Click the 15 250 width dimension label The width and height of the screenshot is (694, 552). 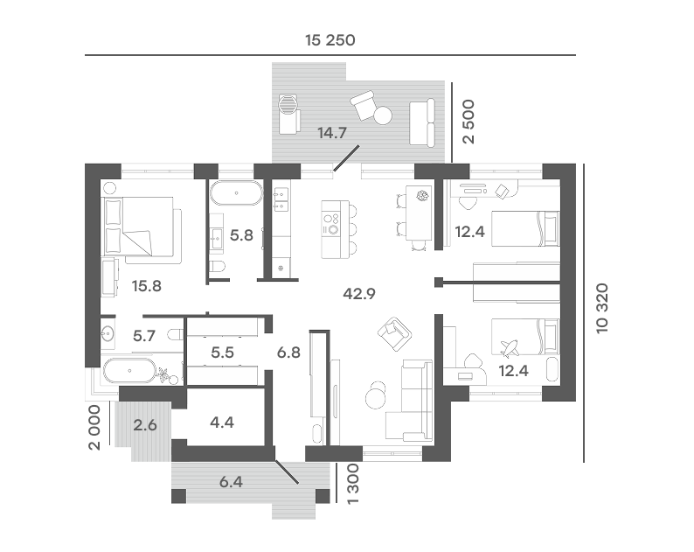click(330, 40)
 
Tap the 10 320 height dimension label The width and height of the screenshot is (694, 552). click(602, 308)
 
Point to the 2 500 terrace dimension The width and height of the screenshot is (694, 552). click(468, 122)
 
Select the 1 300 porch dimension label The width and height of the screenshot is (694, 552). click(353, 484)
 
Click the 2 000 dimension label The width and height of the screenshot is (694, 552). click(94, 428)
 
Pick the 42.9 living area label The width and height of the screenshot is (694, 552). click(359, 293)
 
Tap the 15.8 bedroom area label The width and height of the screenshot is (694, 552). click(147, 286)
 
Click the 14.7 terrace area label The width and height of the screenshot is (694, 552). click(332, 132)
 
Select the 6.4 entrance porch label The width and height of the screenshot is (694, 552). click(231, 481)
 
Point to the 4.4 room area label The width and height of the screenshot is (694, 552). click(222, 423)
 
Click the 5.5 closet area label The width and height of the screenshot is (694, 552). click(222, 353)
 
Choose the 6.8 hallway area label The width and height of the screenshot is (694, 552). click(288, 353)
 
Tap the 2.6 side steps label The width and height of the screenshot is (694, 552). click(145, 425)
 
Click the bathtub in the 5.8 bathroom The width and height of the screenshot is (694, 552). click(236, 193)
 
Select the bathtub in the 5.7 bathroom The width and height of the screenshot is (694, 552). click(129, 370)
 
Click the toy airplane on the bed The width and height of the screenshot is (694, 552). click(510, 348)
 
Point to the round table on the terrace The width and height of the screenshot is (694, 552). click(383, 115)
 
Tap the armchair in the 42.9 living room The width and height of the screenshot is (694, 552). click(394, 333)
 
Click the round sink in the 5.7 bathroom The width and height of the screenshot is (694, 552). click(108, 332)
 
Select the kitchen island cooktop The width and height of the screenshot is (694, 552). click(331, 224)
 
